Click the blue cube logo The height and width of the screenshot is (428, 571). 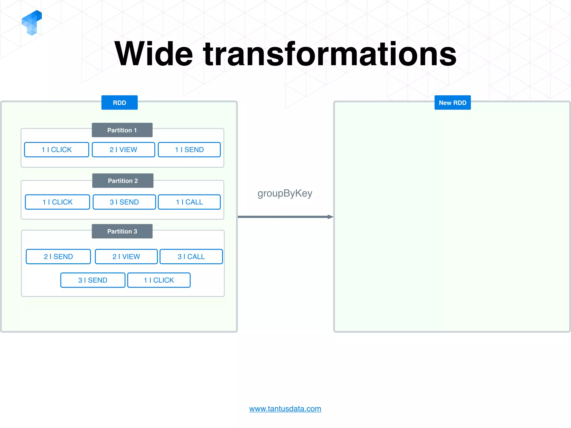[32, 23]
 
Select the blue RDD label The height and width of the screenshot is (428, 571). [119, 103]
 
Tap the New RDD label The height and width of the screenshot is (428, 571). [452, 103]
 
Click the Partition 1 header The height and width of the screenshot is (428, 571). [122, 130]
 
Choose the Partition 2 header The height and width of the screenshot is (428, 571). [123, 181]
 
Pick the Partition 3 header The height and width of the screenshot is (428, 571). [122, 231]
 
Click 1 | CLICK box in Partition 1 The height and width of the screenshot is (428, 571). [57, 150]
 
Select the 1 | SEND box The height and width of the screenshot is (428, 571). [189, 150]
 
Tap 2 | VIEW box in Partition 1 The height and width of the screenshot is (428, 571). [123, 150]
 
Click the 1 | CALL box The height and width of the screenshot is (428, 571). [189, 202]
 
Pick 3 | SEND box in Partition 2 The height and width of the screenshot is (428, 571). [124, 202]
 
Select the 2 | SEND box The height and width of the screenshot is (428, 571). [58, 257]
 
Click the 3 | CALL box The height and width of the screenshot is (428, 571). [191, 257]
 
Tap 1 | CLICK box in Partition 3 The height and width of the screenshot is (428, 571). [159, 280]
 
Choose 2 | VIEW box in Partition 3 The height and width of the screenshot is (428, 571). [126, 257]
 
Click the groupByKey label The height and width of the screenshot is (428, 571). [285, 193]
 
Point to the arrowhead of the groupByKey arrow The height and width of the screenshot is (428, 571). [330, 217]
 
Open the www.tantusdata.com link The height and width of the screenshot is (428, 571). [285, 409]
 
